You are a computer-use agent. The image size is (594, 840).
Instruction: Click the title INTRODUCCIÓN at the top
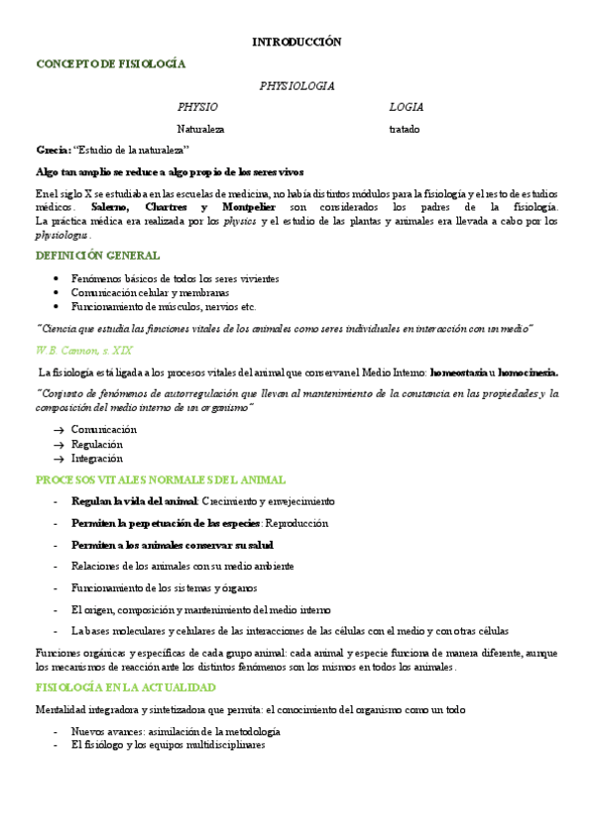click(297, 42)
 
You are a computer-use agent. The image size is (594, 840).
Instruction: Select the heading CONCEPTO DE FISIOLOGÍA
click(110, 63)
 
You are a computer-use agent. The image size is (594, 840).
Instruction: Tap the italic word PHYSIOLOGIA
click(297, 86)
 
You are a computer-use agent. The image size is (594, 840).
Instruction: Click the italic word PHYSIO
click(197, 107)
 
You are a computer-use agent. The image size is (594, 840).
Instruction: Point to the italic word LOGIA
click(406, 107)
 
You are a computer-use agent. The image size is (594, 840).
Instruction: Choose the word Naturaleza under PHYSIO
click(200, 129)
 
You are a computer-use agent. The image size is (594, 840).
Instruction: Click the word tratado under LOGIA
click(404, 129)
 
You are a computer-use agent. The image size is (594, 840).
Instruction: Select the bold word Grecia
click(52, 150)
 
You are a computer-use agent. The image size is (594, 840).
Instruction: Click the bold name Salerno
click(110, 207)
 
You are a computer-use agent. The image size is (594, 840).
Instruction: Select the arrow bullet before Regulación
click(59, 445)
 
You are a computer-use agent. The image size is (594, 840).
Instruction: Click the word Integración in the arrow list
click(97, 459)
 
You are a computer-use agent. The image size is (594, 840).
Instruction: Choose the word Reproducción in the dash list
click(297, 523)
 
